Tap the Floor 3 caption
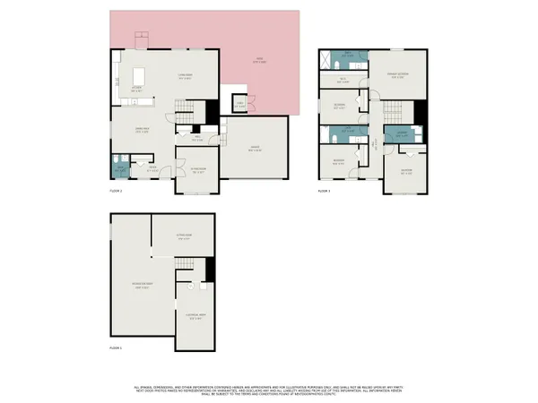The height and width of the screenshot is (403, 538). point(324,191)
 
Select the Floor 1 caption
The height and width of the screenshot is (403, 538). point(115,347)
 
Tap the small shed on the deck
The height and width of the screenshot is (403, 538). point(239,104)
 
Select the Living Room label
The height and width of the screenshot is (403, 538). point(186,78)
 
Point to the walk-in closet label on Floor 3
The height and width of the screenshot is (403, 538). point(342,79)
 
